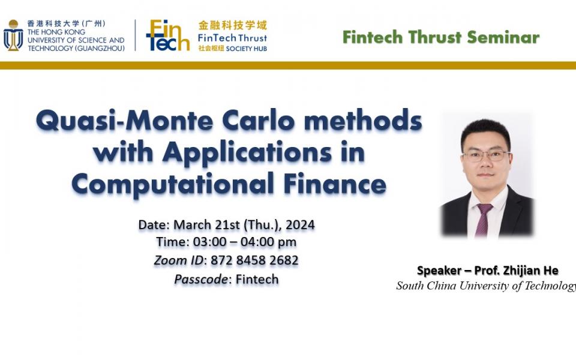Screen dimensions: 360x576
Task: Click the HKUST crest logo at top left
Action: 13,36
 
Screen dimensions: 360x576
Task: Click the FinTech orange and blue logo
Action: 167,35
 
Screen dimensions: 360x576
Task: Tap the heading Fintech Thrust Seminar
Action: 440,37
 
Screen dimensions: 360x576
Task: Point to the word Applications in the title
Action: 247,152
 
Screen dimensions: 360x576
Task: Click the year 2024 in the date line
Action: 300,225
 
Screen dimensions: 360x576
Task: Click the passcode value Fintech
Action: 257,279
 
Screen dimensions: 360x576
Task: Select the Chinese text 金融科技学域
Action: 233,25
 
